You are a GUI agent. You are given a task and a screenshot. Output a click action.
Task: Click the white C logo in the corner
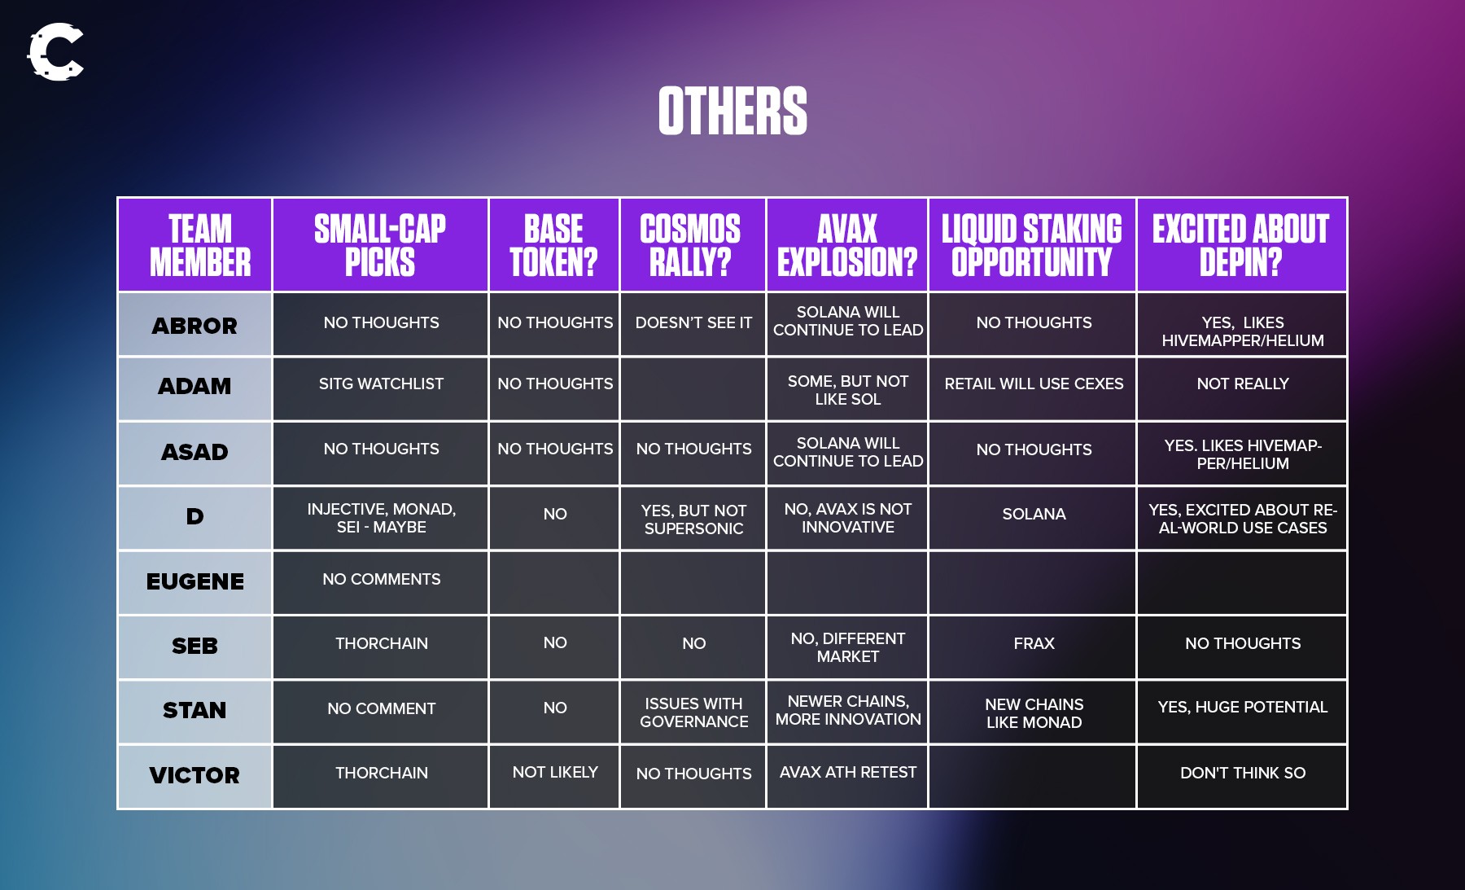[55, 52]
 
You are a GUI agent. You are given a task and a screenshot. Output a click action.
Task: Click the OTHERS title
[732, 111]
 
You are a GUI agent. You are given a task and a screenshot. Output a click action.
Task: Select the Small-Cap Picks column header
[380, 245]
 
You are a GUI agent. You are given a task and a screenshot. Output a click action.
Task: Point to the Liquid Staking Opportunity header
[1032, 245]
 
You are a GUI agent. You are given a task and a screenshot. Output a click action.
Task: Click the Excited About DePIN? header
[1241, 245]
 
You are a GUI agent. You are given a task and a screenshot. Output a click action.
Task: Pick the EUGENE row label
[195, 581]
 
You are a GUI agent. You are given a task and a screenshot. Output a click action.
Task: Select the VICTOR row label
[195, 775]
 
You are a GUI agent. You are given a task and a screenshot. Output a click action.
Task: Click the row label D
[195, 516]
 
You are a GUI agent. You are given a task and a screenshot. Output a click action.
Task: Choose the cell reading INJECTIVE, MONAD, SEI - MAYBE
[382, 518]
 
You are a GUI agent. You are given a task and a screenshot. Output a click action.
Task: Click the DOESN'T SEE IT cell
[693, 322]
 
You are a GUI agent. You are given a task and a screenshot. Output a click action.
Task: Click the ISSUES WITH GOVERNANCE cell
[694, 712]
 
